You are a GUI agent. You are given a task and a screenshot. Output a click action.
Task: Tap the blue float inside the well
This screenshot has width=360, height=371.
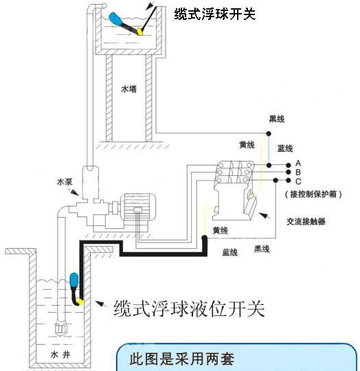tap(74, 280)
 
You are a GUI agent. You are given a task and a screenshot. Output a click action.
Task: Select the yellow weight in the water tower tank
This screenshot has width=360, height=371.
tap(139, 32)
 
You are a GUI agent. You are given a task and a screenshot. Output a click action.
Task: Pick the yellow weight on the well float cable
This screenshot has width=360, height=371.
tap(80, 302)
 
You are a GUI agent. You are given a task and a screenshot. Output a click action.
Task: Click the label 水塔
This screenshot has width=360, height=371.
tap(129, 89)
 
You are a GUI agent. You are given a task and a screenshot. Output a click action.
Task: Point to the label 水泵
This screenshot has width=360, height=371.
tap(65, 182)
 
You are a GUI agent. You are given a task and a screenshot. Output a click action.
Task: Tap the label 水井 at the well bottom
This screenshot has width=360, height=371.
tap(60, 355)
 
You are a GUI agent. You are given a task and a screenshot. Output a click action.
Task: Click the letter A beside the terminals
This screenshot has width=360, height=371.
tap(298, 164)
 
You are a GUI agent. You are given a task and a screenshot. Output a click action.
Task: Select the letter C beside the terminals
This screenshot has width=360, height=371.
tap(298, 181)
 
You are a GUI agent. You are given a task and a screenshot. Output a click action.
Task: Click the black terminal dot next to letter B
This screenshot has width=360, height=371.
tap(289, 172)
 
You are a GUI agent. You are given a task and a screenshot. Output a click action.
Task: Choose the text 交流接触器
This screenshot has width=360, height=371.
tap(306, 221)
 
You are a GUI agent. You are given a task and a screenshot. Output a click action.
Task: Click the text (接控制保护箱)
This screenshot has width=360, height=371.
tap(313, 194)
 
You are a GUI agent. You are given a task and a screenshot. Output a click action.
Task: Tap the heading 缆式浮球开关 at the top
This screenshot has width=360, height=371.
tap(215, 14)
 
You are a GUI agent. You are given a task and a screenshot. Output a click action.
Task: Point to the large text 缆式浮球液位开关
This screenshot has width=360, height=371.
tap(189, 308)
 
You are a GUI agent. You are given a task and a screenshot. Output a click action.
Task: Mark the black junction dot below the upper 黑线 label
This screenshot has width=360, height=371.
tap(269, 134)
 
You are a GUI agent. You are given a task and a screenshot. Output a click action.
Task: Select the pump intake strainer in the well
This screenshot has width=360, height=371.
tap(61, 328)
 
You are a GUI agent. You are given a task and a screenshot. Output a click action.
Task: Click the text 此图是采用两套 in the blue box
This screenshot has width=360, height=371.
tap(182, 359)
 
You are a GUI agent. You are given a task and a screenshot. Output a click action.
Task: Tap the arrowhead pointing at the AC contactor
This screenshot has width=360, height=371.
tap(265, 215)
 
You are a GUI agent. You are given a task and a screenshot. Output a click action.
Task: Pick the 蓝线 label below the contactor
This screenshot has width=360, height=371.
tap(229, 252)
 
